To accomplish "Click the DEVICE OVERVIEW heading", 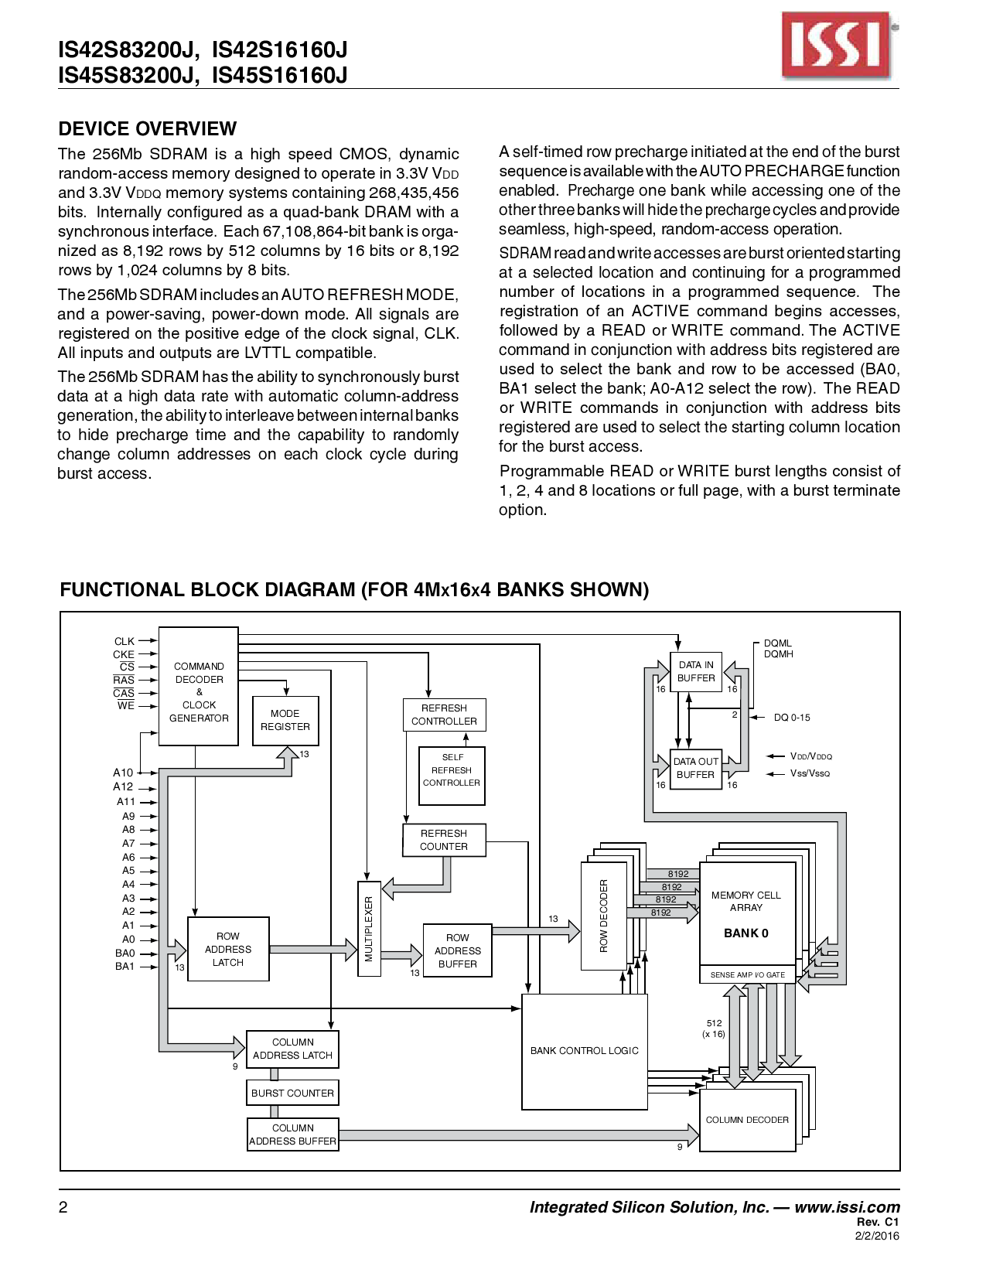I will pyautogui.click(x=148, y=128).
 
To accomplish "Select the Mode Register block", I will pyautogui.click(x=285, y=721).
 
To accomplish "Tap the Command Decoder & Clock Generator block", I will pyautogui.click(x=199, y=687).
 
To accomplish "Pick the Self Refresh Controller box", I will pyautogui.click(x=452, y=775).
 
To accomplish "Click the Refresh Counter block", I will pyautogui.click(x=444, y=840).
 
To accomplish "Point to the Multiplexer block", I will pyautogui.click(x=369, y=928).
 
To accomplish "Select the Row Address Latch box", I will pyautogui.click(x=228, y=949).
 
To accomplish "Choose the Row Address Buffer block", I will pyautogui.click(x=457, y=950).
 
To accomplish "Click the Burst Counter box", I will pyautogui.click(x=292, y=1093).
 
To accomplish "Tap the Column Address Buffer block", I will pyautogui.click(x=293, y=1134).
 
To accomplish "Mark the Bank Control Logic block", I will pyautogui.click(x=585, y=1051).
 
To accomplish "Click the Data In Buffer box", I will pyautogui.click(x=696, y=671).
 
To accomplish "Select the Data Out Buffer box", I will pyautogui.click(x=696, y=768).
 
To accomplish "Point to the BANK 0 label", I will pyautogui.click(x=746, y=933).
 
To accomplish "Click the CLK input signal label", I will pyautogui.click(x=124, y=641).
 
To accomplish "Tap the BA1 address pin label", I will pyautogui.click(x=125, y=966).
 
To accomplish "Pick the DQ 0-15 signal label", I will pyautogui.click(x=792, y=718).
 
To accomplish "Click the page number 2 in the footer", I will pyautogui.click(x=63, y=1207).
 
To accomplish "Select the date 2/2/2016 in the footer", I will pyautogui.click(x=877, y=1236).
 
